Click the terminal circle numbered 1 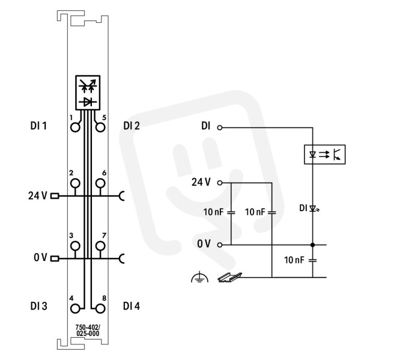75,127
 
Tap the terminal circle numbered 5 100,127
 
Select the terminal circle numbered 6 100,184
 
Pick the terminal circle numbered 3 75,246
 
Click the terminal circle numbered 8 100,308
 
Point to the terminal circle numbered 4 75,308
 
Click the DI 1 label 38,126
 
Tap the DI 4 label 132,306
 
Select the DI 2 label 132,126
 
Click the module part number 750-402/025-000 88,331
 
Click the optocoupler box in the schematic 324,154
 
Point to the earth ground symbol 200,278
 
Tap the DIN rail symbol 229,277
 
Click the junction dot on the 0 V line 312,245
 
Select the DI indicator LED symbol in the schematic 314,209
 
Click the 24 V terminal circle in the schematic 220,183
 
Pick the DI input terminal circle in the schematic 220,127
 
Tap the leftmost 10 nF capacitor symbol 231,212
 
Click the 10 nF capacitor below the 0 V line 312,260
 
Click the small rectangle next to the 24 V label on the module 55,196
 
